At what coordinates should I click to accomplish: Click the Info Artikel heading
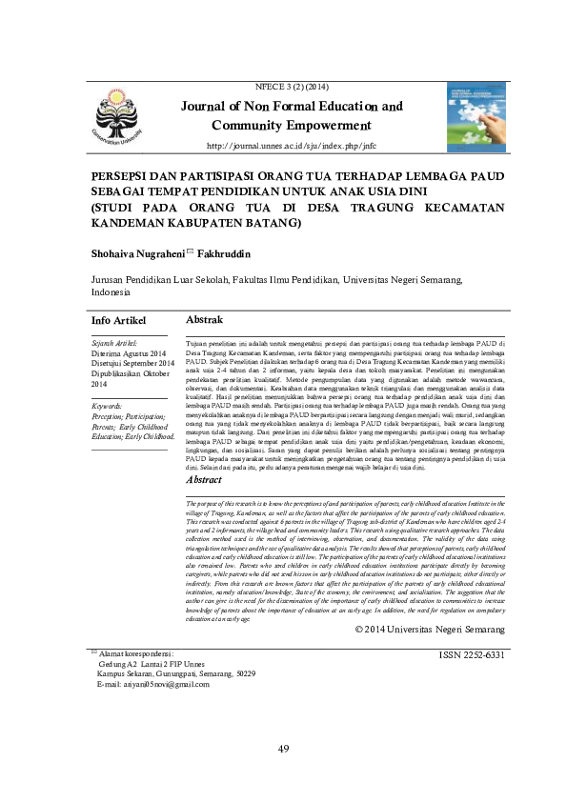(118, 320)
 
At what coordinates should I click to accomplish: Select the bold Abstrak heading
(205, 319)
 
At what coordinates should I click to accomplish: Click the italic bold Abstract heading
(205, 480)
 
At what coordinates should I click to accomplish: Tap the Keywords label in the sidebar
(111, 406)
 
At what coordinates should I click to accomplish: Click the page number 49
(283, 748)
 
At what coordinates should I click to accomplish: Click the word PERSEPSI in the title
(118, 177)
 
